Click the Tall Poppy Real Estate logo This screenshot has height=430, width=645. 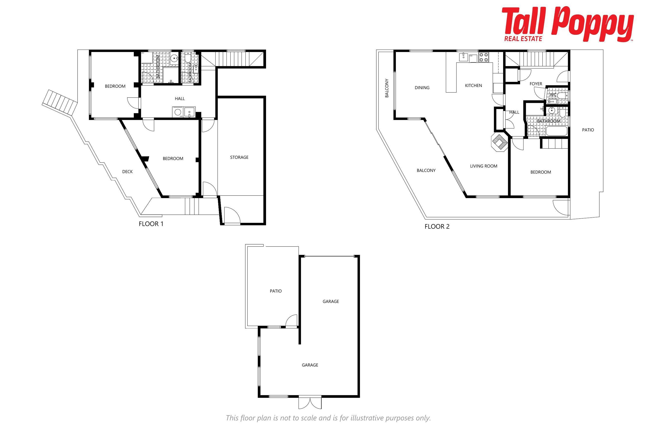[568, 24]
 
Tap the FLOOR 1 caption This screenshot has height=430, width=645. [151, 224]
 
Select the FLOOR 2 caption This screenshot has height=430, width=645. [437, 227]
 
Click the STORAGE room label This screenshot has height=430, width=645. [239, 157]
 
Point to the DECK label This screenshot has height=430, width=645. [127, 172]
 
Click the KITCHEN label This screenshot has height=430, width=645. [473, 85]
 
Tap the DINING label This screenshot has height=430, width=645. [422, 88]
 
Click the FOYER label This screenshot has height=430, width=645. [536, 84]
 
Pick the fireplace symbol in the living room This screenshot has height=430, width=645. [499, 142]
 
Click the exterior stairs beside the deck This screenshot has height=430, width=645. [59, 102]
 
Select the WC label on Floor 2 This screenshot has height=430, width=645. [553, 95]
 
